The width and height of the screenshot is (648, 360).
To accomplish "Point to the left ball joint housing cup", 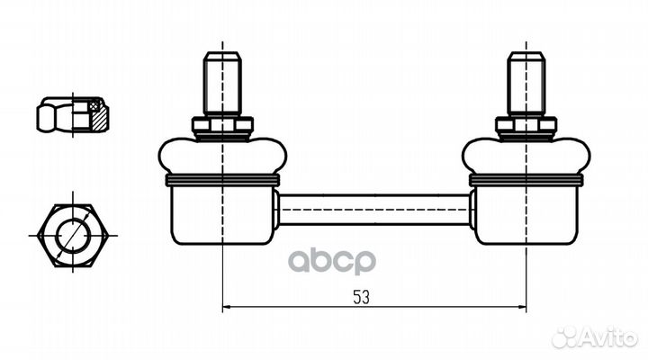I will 221,214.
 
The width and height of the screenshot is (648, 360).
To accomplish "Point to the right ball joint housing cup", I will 526,214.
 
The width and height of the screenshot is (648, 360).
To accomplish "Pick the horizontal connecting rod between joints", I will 373,210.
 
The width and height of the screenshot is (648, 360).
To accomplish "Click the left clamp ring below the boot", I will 221,180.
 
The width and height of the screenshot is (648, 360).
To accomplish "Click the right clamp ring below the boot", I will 526,180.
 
